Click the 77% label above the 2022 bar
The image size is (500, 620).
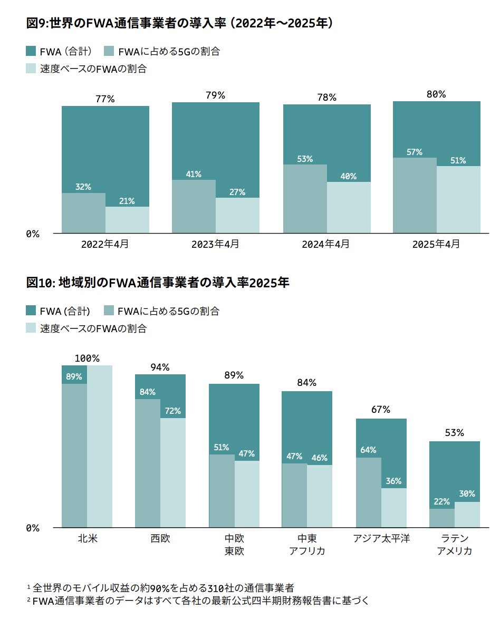tap(105, 99)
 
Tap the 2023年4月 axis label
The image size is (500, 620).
tap(215, 244)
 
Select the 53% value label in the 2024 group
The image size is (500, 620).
tap(305, 159)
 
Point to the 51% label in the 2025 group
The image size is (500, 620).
tap(458, 160)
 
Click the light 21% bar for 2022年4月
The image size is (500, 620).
tap(127, 220)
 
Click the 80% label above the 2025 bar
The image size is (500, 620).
tap(436, 94)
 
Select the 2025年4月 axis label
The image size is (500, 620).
tap(436, 244)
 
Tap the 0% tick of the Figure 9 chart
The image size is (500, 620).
tap(33, 234)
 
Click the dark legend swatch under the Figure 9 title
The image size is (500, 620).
tap(31, 51)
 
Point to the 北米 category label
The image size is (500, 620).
tap(87, 538)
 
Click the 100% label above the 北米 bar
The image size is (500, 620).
tap(87, 359)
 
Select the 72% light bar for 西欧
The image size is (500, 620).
tap(173, 472)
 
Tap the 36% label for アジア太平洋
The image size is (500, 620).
tap(393, 481)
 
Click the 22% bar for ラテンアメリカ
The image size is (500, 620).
tap(442, 518)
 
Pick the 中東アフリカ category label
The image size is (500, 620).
tap(307, 545)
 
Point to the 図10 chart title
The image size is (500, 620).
tap(158, 283)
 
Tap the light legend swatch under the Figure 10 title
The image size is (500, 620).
tap(31, 328)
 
